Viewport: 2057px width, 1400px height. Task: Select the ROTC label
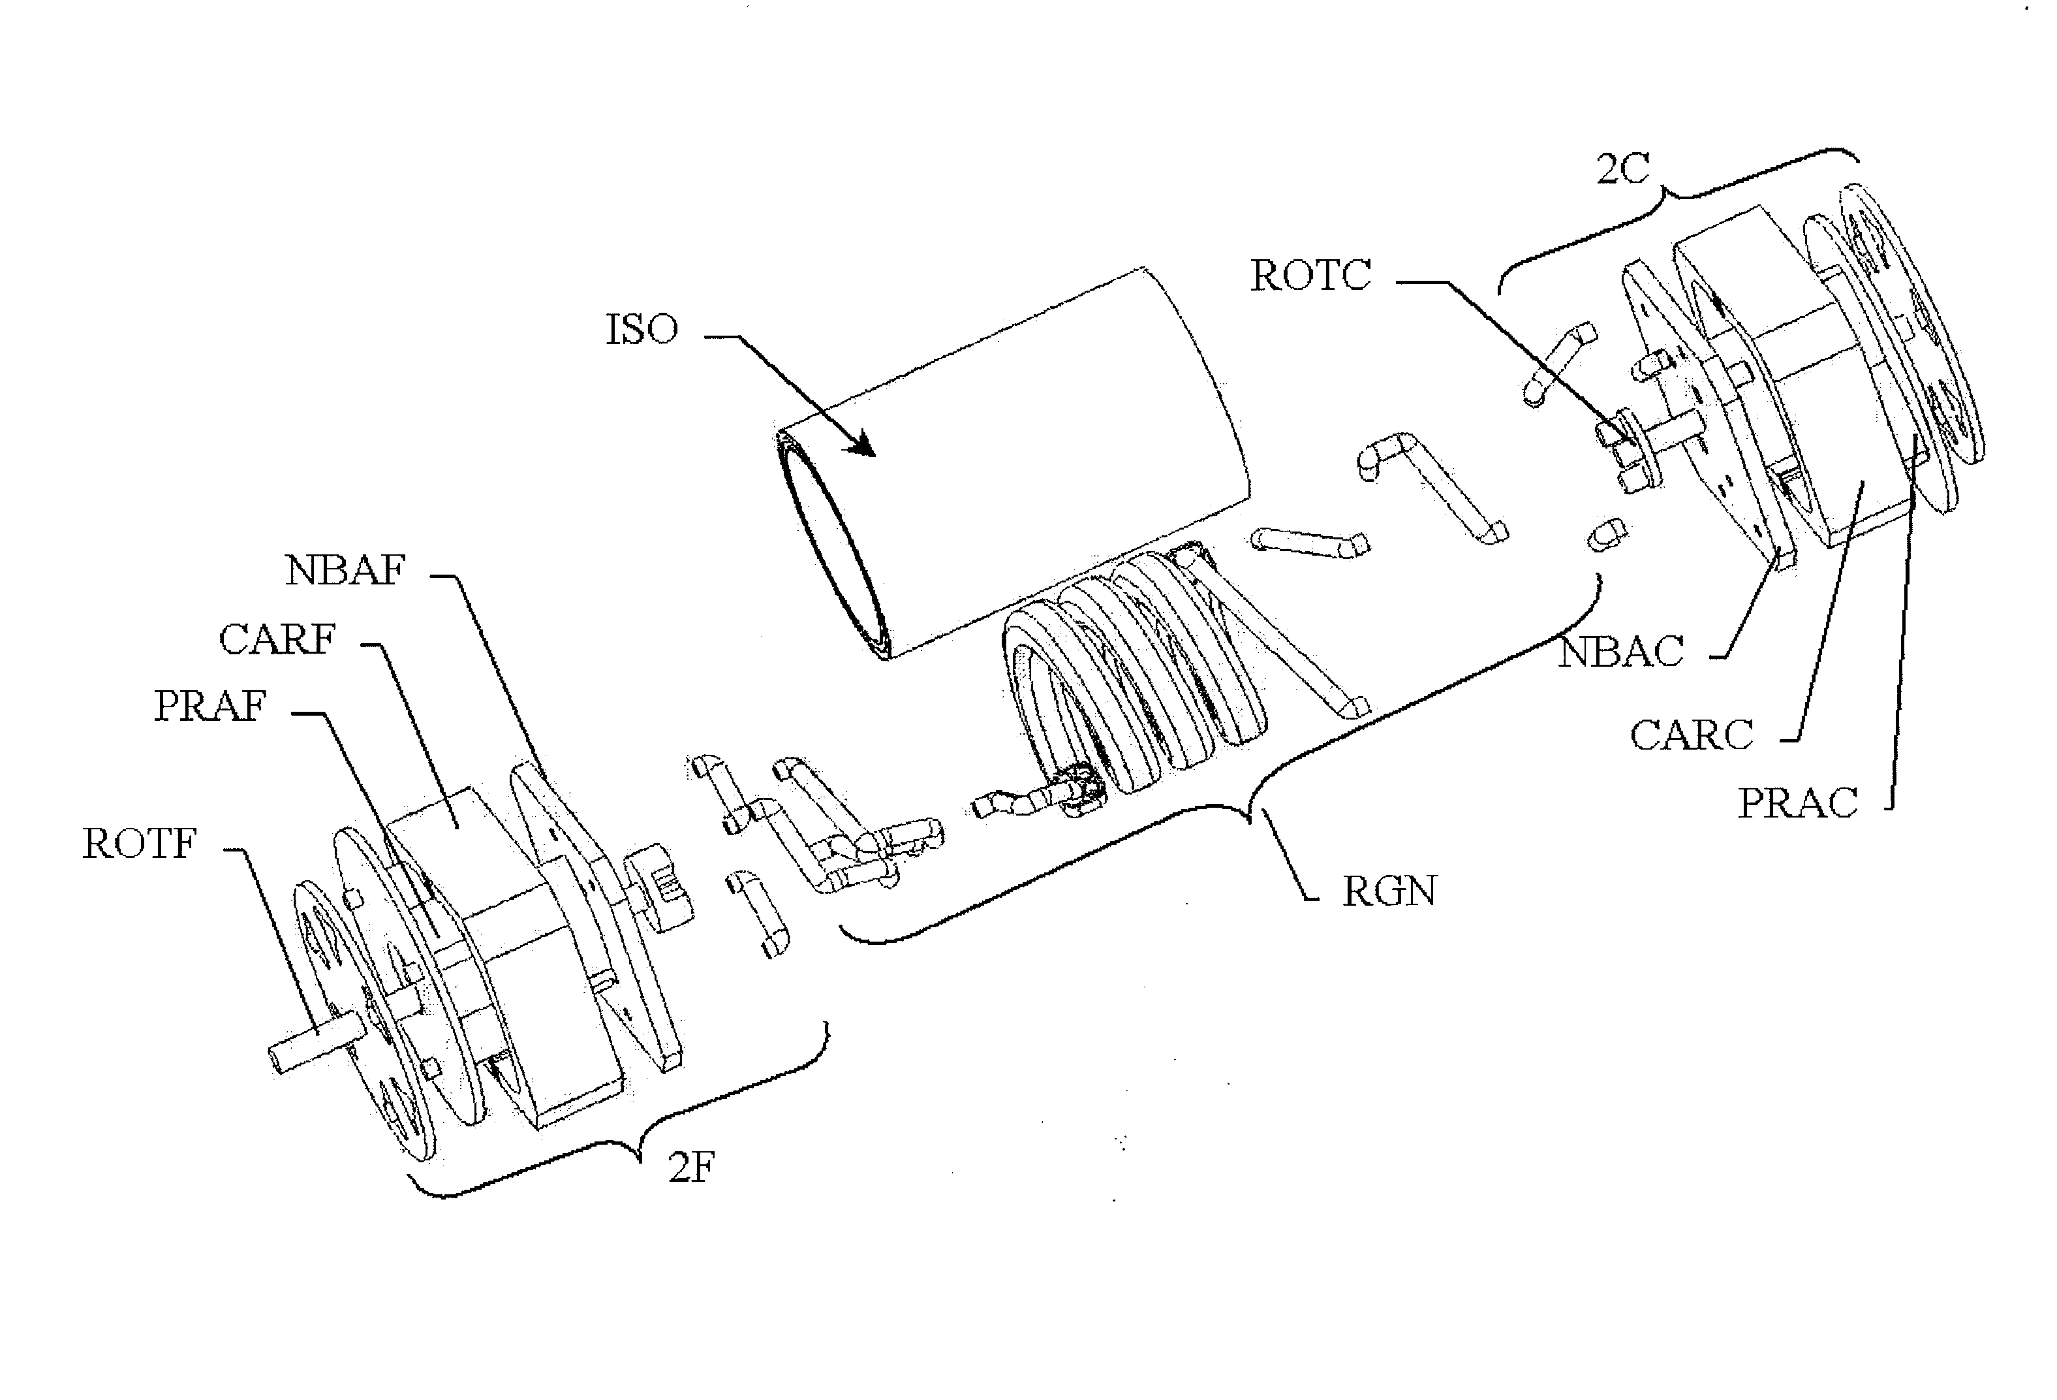point(1310,276)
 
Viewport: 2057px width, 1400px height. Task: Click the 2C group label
point(1622,169)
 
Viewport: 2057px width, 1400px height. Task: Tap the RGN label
point(1389,891)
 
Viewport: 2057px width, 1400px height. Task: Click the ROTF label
point(139,844)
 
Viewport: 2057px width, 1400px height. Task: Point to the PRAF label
point(209,707)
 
